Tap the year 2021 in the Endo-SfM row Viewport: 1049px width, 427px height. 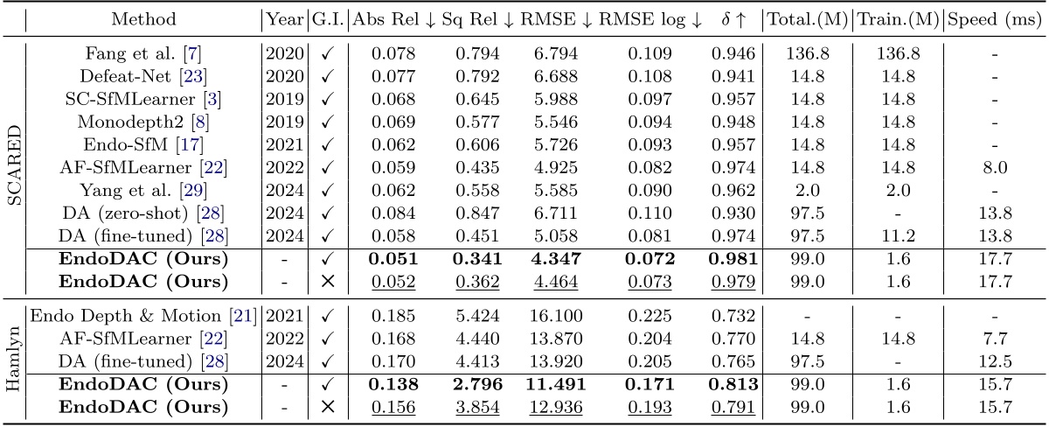click(x=279, y=137)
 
